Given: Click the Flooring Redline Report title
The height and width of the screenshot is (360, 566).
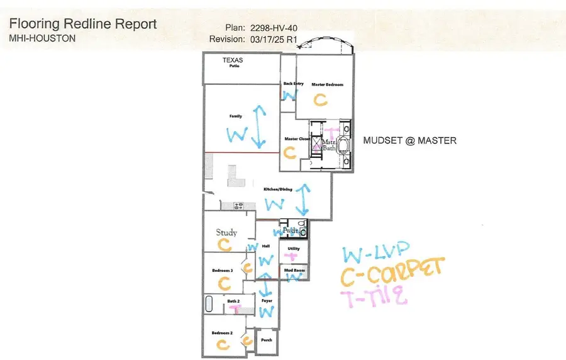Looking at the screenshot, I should [x=82, y=25].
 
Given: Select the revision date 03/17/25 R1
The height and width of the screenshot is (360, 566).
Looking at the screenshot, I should [x=271, y=39].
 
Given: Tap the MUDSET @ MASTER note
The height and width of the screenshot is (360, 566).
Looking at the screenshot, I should [x=409, y=140].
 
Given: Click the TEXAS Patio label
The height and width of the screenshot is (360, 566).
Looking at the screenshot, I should [x=233, y=62].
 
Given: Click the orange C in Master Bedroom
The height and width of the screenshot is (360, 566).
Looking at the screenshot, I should [x=321, y=99].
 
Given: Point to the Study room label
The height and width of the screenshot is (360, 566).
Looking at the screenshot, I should [x=226, y=232].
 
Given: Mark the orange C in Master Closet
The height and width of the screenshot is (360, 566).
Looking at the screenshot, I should [x=290, y=152].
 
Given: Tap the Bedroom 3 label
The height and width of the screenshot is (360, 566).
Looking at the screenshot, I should [x=223, y=270].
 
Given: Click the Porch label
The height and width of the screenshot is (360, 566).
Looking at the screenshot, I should [x=267, y=340].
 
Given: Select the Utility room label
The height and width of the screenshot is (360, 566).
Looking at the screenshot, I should [x=294, y=249].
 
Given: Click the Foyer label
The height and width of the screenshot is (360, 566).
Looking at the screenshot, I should [x=267, y=301].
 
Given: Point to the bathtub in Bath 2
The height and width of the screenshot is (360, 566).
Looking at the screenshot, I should [x=210, y=304].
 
